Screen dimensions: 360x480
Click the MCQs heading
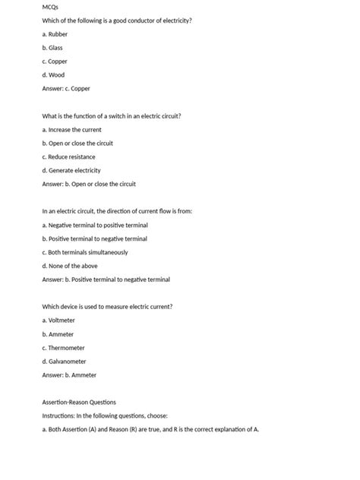click(51, 7)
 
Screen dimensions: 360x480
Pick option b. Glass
click(52, 48)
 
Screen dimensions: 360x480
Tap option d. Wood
click(54, 75)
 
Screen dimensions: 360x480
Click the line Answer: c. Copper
click(66, 89)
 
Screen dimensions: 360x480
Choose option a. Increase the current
click(72, 130)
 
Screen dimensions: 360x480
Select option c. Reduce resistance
click(69, 156)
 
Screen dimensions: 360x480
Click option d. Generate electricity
click(71, 170)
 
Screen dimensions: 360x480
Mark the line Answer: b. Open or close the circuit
click(89, 184)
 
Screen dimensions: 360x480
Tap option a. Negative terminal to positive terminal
click(95, 225)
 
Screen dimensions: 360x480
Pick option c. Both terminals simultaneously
click(85, 252)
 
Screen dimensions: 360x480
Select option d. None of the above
click(70, 266)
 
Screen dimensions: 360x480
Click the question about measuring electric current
click(107, 306)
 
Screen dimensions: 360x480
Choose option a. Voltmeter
click(58, 321)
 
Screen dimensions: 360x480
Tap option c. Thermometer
click(63, 347)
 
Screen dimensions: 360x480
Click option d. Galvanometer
click(64, 361)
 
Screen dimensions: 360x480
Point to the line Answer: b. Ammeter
click(69, 374)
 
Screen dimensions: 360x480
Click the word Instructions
click(58, 415)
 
